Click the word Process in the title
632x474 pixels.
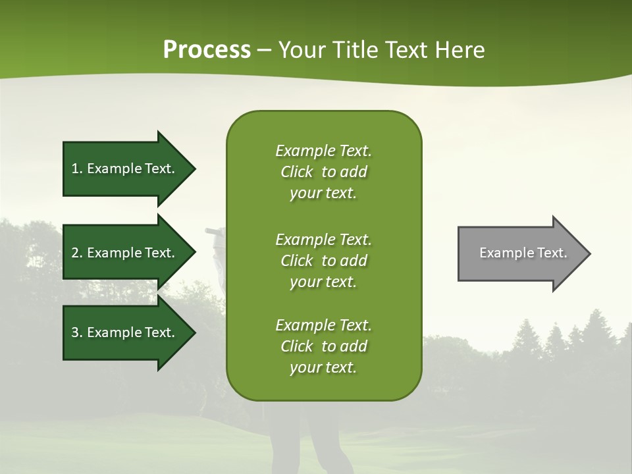207,50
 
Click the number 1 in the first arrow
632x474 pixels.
75,169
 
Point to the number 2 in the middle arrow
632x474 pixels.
75,253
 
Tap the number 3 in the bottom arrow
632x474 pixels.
75,332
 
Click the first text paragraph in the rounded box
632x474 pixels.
323,172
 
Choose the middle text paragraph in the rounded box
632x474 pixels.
323,260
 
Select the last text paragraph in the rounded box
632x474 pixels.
323,346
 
